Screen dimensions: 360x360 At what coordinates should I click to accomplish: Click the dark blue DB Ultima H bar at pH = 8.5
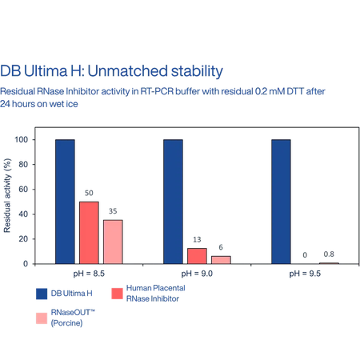[65, 202]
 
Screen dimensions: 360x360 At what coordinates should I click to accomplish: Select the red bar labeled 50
[89, 233]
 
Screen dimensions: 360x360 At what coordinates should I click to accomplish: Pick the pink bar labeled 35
[113, 242]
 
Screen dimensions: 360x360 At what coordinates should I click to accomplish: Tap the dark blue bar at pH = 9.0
[173, 202]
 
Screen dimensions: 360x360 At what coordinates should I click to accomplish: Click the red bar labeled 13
[197, 256]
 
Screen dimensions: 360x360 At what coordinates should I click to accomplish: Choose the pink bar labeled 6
[221, 260]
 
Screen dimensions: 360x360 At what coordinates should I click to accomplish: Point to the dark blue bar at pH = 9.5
[281, 202]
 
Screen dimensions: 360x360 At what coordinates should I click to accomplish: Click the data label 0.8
[329, 254]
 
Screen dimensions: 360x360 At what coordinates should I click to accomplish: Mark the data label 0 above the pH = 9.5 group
[305, 255]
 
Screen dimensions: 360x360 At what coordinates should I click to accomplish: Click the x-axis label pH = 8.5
[89, 274]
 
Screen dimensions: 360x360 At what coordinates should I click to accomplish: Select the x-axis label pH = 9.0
[197, 274]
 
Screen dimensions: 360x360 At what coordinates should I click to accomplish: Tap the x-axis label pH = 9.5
[305, 274]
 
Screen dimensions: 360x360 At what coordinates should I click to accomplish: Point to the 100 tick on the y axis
[22, 139]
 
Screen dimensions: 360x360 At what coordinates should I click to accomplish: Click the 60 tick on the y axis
[23, 190]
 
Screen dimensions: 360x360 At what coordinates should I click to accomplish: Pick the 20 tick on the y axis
[23, 239]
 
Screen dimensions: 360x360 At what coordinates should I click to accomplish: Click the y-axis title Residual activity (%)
[7, 195]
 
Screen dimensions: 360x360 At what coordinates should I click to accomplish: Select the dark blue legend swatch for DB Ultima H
[42, 294]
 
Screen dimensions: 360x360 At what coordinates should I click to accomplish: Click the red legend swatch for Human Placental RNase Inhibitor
[117, 294]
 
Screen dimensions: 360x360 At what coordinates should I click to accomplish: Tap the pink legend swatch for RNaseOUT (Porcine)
[42, 318]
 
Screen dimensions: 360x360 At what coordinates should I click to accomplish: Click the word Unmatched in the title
[127, 71]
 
